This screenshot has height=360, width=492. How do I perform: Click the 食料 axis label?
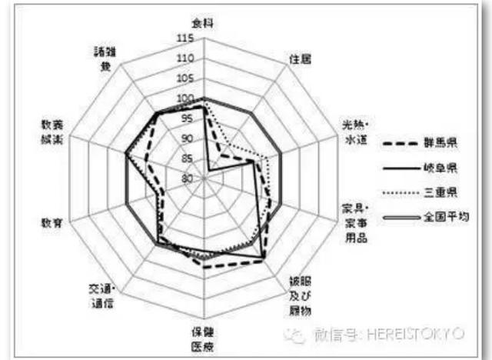204,23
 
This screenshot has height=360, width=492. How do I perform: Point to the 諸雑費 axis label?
101,59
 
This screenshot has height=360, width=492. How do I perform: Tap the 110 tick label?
184,58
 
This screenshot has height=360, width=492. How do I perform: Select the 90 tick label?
187,138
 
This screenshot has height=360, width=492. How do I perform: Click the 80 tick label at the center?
187,178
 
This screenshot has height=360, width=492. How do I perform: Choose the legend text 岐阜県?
441,167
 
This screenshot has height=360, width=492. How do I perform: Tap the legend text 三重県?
441,192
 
